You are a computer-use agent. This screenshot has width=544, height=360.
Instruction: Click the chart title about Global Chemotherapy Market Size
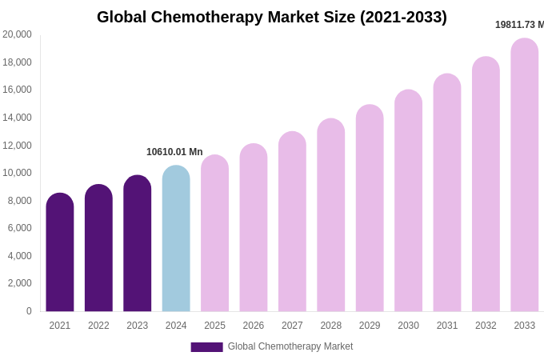tap(272, 17)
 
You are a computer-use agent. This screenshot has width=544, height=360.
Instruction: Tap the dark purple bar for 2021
tap(60, 252)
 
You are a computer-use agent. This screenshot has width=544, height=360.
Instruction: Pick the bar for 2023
tap(138, 243)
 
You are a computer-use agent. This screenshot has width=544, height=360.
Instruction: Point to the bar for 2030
tap(408, 200)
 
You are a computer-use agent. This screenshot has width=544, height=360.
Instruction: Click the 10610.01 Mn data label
tap(174, 152)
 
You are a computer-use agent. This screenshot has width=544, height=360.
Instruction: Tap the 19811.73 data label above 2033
tap(518, 25)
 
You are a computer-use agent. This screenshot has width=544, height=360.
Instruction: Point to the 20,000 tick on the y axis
tap(18, 34)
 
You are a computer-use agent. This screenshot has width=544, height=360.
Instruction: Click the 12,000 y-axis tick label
tap(18, 145)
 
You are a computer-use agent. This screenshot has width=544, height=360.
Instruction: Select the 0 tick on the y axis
tap(29, 311)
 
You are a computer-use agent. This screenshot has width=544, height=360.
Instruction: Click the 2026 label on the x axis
tap(254, 326)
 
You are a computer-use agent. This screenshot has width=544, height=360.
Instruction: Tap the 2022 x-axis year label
tap(98, 326)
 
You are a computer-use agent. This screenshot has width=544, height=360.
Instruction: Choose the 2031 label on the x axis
tap(447, 326)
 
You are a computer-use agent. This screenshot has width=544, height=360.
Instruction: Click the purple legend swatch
tap(206, 347)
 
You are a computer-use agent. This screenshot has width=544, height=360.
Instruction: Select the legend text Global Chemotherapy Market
tap(290, 346)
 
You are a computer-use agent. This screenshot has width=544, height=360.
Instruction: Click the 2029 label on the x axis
tap(370, 326)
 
